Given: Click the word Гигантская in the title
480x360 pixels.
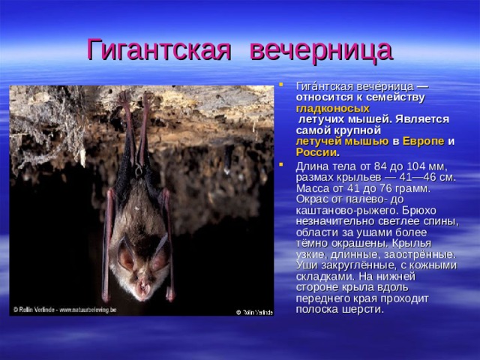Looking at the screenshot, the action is click(158, 49).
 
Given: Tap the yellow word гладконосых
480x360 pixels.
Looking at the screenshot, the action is click(333, 108).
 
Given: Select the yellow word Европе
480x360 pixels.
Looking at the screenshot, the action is click(423, 141).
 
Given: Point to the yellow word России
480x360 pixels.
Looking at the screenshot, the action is click(316, 152).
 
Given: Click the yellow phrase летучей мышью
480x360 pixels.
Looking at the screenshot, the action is click(342, 141).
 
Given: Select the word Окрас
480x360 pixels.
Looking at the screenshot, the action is click(312, 199).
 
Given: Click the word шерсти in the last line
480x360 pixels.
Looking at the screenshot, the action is click(367, 309).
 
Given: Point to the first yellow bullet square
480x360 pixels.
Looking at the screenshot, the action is click(280, 83).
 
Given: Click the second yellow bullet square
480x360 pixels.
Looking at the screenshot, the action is click(280, 164).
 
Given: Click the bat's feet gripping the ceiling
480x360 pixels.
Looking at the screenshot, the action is click(135, 97).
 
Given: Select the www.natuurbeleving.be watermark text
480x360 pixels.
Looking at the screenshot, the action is click(88, 310).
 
